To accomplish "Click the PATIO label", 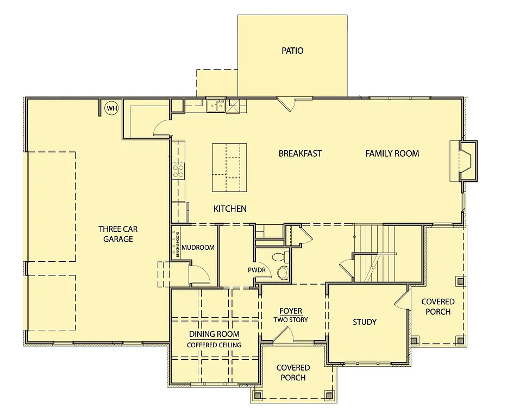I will click(292, 51).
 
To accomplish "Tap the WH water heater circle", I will click(112, 108).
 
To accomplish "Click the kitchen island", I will click(229, 167).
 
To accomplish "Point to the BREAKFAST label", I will click(300, 153).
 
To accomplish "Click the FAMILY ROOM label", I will click(392, 153).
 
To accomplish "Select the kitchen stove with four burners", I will click(178, 171).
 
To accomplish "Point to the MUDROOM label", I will click(198, 247).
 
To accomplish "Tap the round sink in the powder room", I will click(283, 273).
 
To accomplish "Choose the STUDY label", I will click(365, 322).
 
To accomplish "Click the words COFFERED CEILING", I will click(214, 345).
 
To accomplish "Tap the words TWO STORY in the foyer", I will click(290, 319).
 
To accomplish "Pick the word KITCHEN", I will click(230, 208).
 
